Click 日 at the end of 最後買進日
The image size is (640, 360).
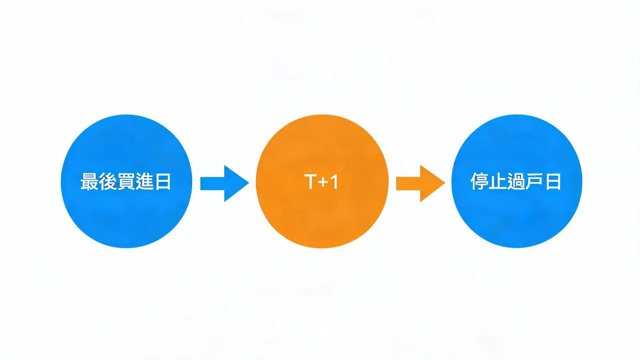[x=162, y=181]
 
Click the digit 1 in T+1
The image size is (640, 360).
[x=334, y=181]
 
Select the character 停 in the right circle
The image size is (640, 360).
[x=480, y=181]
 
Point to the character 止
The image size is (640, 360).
[x=498, y=181]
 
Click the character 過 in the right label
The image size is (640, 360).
[x=516, y=181]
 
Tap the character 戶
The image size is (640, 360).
[x=535, y=181]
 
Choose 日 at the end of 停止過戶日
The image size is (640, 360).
[x=553, y=181]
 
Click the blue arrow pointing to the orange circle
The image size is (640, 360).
[x=225, y=183]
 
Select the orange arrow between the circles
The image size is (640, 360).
[x=421, y=183]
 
